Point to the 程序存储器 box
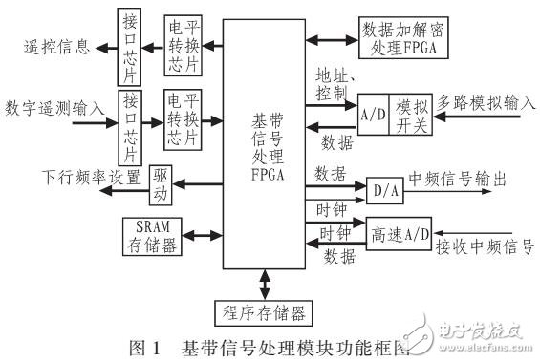260,311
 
